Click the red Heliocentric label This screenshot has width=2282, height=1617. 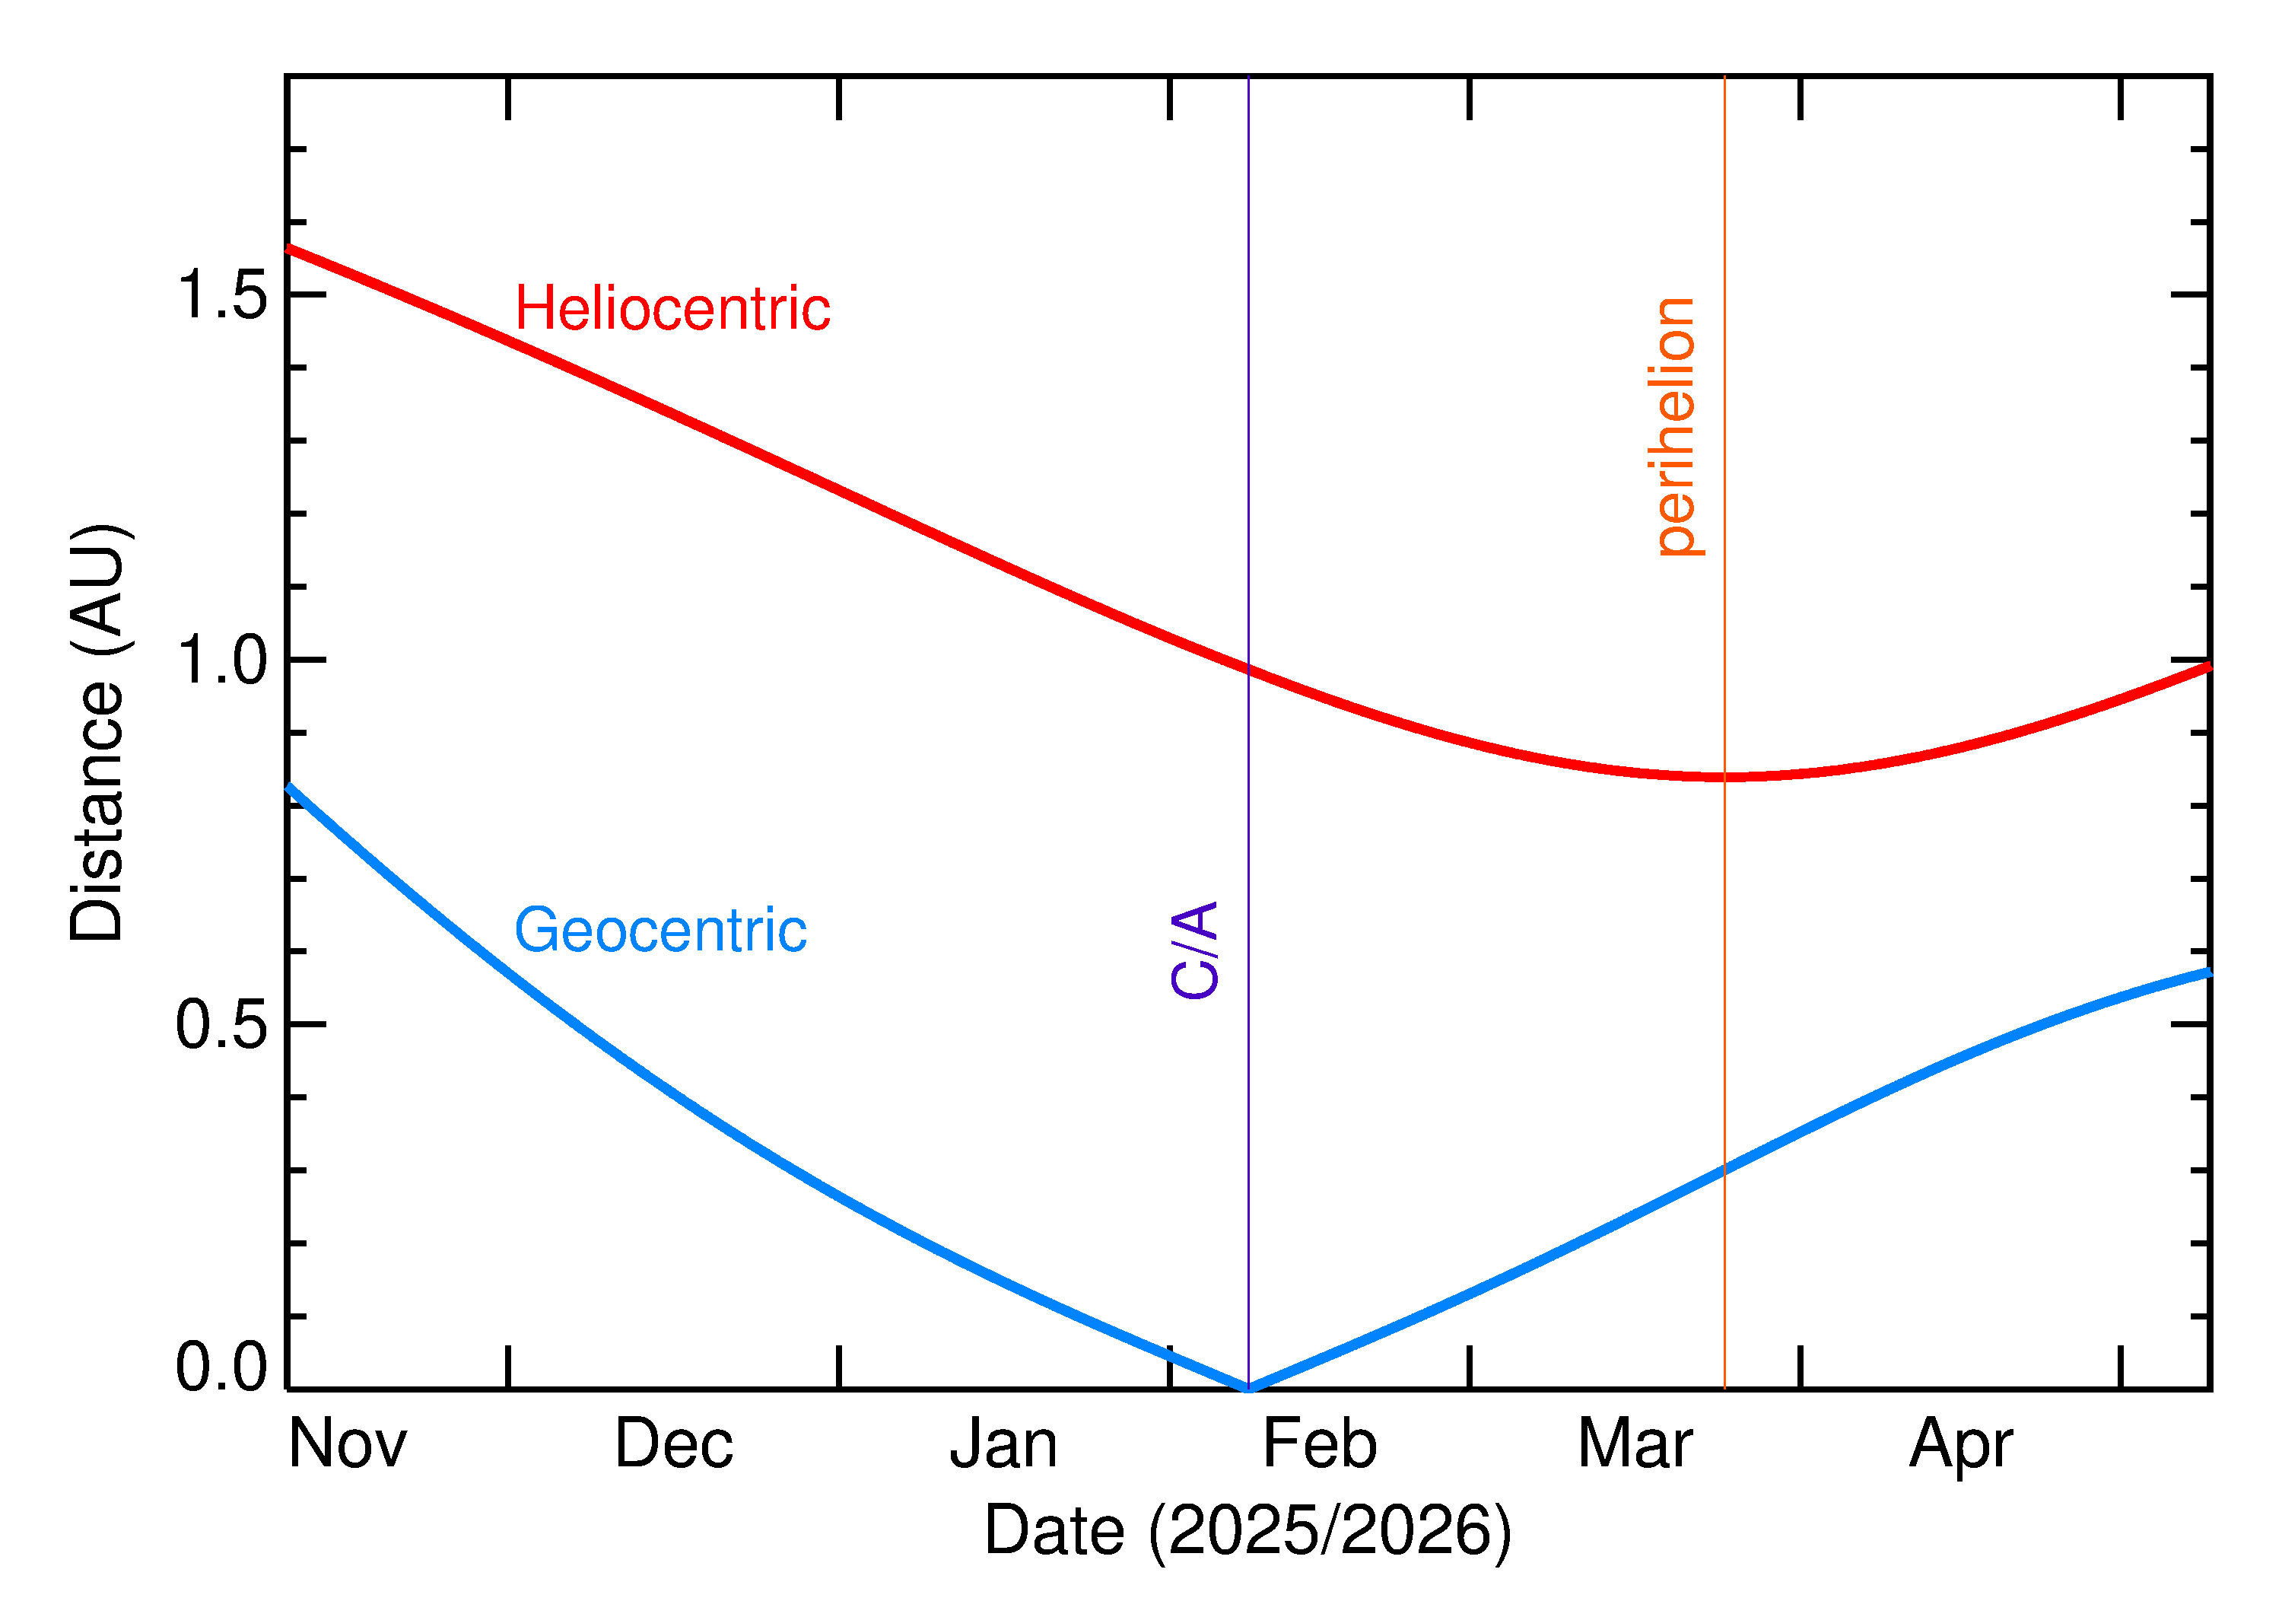coord(672,309)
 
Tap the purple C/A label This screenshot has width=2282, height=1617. coord(1194,950)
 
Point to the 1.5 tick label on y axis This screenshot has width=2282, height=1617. coord(221,296)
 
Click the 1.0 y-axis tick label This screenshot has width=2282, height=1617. coord(221,661)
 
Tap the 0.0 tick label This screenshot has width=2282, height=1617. coord(221,1367)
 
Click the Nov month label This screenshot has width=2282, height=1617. coord(348,1445)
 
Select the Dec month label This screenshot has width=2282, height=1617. coord(674,1445)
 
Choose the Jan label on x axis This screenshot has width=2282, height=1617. coord(1003,1445)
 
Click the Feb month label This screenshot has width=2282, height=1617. coord(1320,1445)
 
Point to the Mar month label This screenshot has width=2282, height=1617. coord(1635,1445)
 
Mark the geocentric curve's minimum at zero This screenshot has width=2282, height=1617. coord(1248,1388)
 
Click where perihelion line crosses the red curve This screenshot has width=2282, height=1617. coord(1724,777)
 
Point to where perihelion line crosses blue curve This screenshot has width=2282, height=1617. coord(1724,1169)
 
